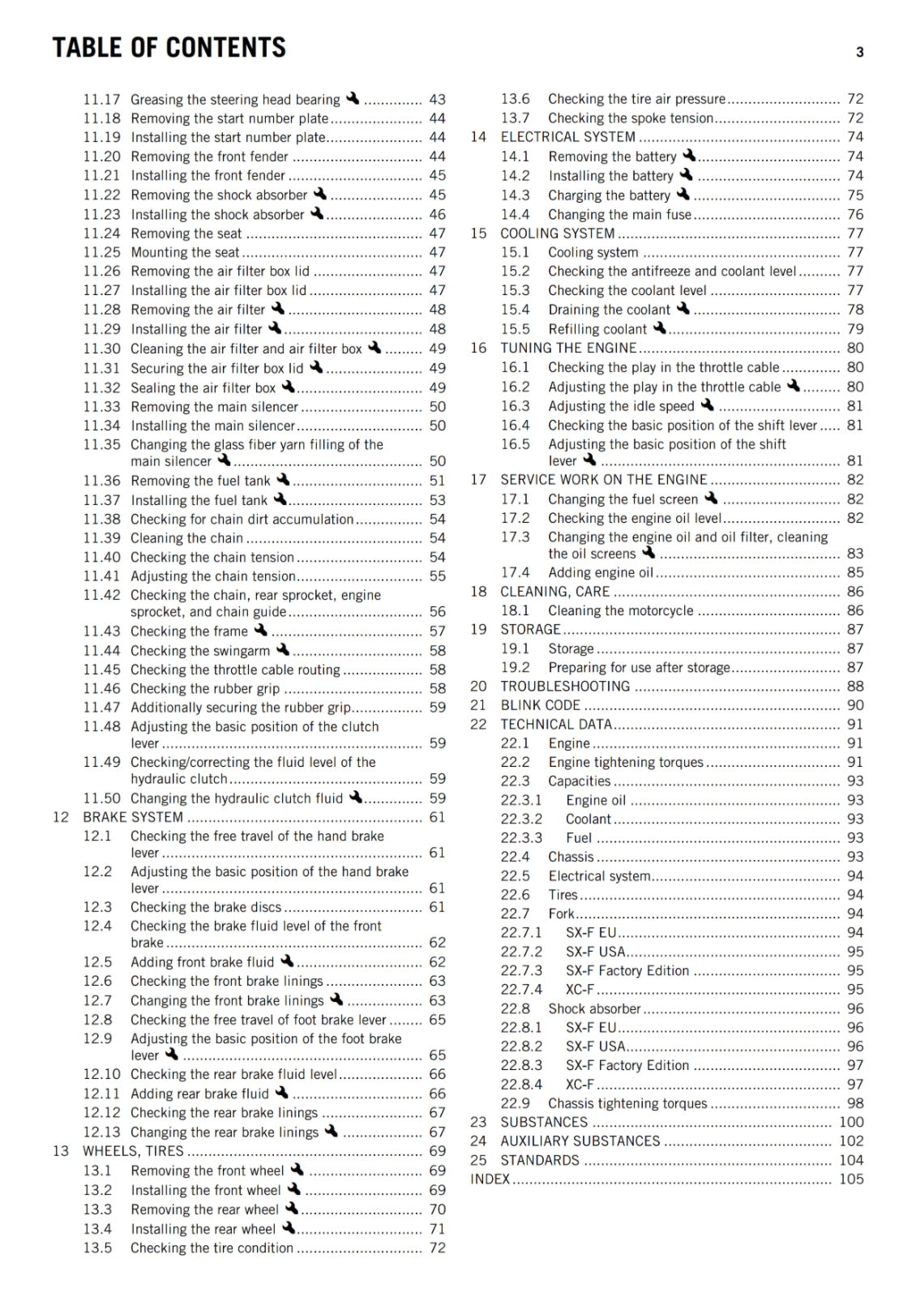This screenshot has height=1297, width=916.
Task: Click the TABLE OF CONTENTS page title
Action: click(169, 48)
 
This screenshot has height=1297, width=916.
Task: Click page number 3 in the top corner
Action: click(859, 53)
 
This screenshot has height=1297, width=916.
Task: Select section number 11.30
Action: click(101, 349)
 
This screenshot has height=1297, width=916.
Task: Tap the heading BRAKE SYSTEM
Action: click(133, 817)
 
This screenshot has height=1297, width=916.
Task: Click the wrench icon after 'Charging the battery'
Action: click(683, 195)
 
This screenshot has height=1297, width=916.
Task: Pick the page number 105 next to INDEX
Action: click(850, 1179)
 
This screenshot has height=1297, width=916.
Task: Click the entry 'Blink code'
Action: click(540, 705)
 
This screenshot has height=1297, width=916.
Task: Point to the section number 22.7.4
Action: click(521, 990)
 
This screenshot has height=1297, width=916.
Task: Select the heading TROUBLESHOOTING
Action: click(565, 687)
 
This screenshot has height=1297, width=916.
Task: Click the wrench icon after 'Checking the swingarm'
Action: click(282, 649)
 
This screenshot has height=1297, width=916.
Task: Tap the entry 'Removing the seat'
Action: click(186, 233)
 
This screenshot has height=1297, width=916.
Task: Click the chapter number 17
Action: click(478, 480)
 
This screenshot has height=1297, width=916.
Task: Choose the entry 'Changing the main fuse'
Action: click(619, 215)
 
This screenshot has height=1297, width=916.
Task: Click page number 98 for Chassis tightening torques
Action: click(855, 1103)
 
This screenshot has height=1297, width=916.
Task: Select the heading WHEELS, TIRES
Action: click(133, 1151)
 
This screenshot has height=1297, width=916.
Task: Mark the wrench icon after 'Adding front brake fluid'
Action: click(287, 961)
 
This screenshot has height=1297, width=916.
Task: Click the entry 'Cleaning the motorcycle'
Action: click(620, 610)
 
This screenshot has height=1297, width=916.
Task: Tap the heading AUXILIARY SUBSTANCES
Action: click(580, 1141)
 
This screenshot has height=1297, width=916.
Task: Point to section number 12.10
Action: click(101, 1074)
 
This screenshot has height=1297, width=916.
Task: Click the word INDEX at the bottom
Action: click(490, 1179)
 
